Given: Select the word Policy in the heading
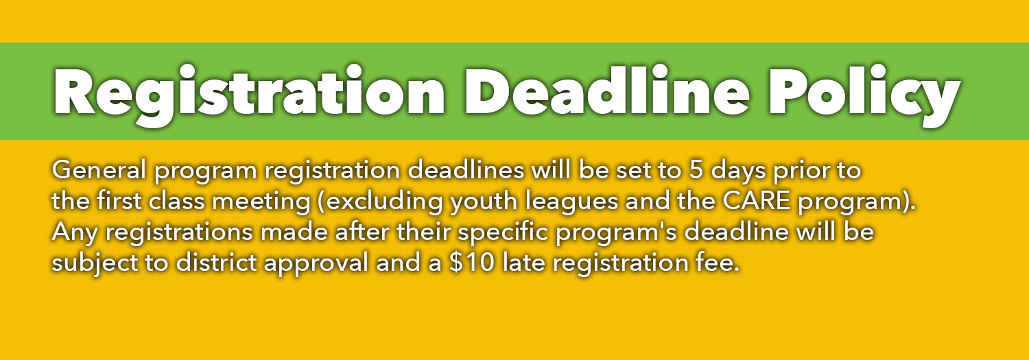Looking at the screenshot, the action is [864, 94].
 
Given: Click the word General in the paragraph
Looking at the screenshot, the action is [99, 170].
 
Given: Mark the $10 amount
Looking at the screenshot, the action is [473, 263].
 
